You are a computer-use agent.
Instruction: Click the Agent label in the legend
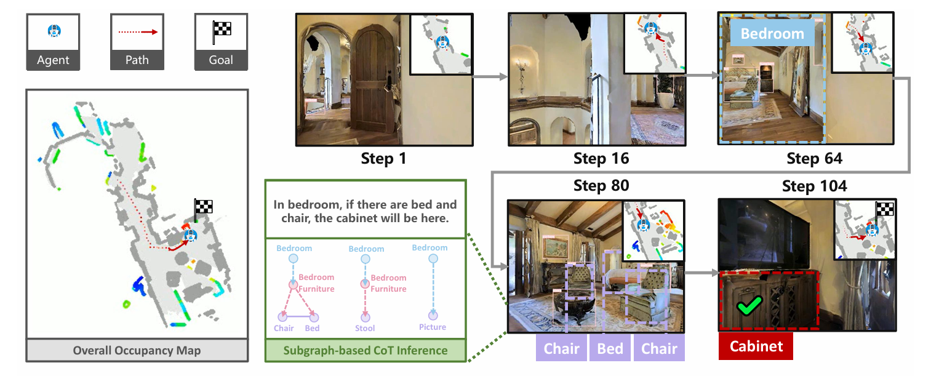click(53, 60)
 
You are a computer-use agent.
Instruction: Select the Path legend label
click(137, 60)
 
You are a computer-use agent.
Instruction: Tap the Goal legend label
click(221, 60)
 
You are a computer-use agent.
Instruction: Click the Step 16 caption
click(601, 159)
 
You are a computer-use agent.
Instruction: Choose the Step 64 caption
click(814, 159)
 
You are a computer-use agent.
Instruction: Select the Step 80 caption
click(601, 186)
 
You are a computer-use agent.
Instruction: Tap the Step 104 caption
click(814, 186)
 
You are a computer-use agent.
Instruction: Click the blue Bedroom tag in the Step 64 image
click(772, 33)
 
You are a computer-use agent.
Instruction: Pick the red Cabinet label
click(756, 346)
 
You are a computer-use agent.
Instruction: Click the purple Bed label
click(610, 348)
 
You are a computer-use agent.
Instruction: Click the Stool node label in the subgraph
click(365, 328)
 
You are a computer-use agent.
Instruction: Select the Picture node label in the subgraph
click(433, 327)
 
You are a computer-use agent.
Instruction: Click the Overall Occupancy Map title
click(137, 351)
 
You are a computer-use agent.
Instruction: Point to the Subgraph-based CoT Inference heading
click(365, 351)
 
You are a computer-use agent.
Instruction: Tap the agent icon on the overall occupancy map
click(191, 235)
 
